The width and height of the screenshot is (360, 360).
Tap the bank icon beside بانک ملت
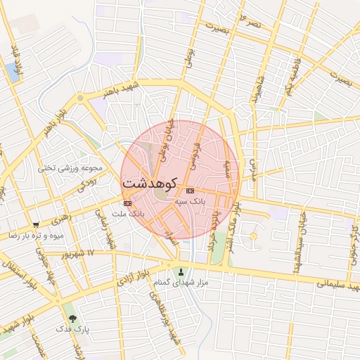pos(127,204)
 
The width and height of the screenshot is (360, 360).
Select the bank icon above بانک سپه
pos(190,191)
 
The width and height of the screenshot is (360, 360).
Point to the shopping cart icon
pos(36,225)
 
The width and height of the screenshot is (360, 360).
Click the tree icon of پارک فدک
pos(70,318)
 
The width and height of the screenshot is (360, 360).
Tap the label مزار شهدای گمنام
pos(183,282)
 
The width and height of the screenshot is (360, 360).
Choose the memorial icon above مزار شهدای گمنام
pos(183,271)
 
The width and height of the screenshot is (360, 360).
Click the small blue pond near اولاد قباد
pos(13,69)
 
